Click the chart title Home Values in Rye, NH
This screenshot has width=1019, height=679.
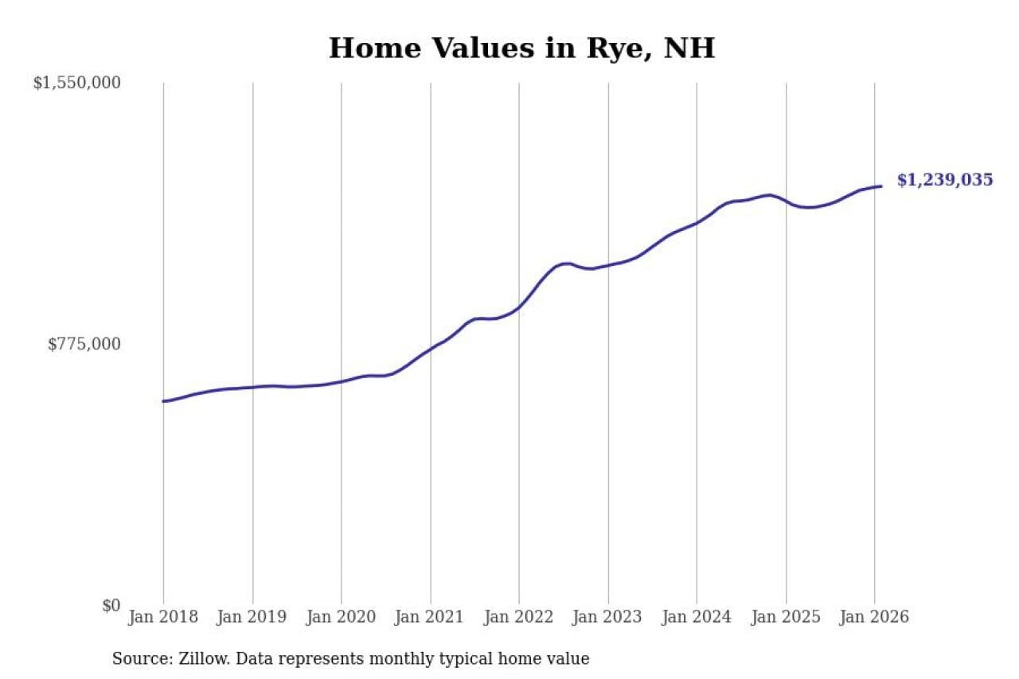521,48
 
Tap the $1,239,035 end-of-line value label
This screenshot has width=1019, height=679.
945,180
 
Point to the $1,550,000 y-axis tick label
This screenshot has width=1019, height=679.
76,82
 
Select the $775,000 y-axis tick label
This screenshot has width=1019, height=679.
84,344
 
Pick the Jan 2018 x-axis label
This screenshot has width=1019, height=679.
164,618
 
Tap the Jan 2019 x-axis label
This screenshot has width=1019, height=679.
252,618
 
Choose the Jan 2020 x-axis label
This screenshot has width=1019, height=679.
342,618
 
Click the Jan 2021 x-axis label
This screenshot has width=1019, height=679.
431,618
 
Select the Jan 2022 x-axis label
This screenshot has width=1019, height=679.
519,618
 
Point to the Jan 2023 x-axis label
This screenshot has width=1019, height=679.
608,618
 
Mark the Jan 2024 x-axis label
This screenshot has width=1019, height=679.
697,618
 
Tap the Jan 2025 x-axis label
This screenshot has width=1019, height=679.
786,618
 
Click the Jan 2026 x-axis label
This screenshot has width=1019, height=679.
874,618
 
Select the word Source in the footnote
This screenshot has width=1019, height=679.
138,659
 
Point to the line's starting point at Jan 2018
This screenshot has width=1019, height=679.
164,401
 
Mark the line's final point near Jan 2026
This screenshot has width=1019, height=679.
881,186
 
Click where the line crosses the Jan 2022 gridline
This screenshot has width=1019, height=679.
519,306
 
